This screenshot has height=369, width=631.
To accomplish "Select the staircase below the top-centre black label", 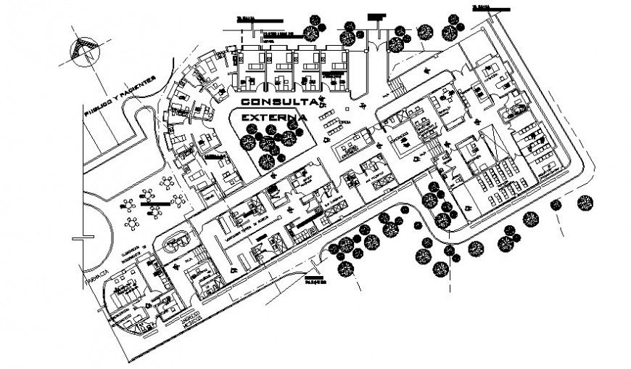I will [397, 89].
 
